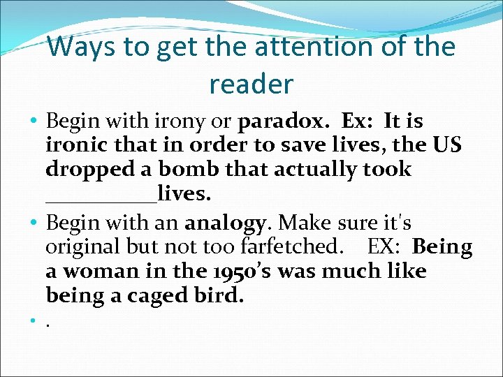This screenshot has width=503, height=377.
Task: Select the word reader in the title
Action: [x=251, y=84]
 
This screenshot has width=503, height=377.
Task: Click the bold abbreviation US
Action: [x=448, y=145]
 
